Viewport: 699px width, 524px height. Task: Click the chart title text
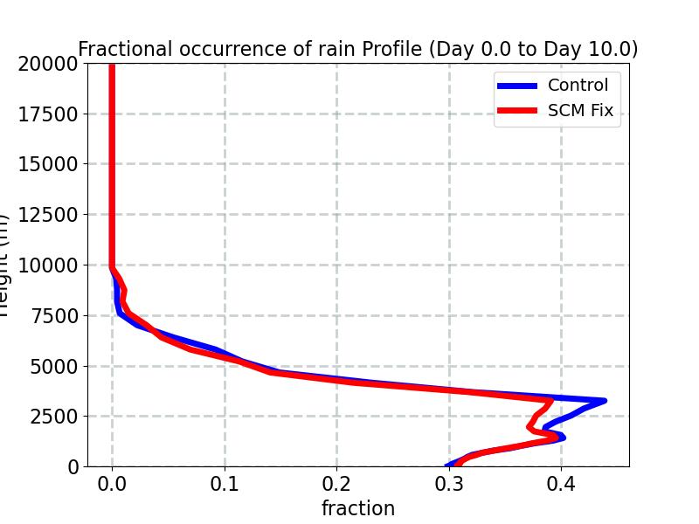tap(358, 50)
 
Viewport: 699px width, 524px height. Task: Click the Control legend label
tap(578, 86)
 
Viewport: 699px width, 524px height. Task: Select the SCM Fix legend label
tap(580, 111)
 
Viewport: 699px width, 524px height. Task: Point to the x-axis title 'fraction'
tap(358, 508)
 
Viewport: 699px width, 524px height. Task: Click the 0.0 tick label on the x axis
tap(112, 484)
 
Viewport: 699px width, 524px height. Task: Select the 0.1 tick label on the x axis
tap(225, 484)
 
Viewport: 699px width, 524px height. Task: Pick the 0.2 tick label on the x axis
tap(337, 484)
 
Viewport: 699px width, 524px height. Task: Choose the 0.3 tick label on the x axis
tap(450, 484)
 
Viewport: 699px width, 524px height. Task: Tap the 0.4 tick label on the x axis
tap(562, 484)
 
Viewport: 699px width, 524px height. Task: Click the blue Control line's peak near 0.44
tap(604, 401)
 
